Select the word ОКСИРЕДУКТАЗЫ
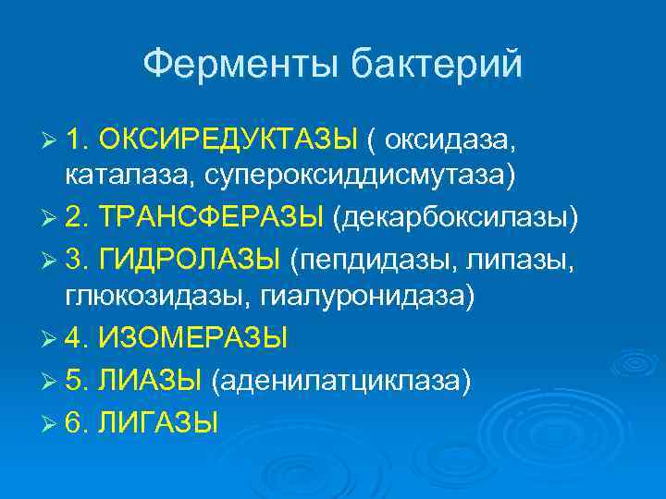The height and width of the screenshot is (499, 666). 228,140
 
